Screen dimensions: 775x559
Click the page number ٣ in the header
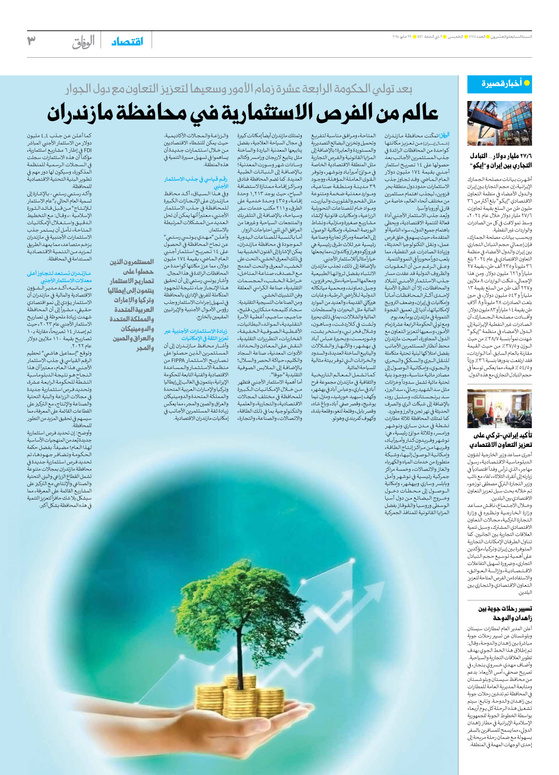click(x=31, y=41)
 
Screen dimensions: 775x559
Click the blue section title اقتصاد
click(x=127, y=42)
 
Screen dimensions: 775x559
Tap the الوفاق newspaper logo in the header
click(x=84, y=42)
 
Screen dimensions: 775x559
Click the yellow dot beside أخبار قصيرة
click(x=527, y=83)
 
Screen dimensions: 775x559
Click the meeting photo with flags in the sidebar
click(x=500, y=409)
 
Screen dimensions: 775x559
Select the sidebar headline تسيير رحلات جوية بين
click(x=505, y=608)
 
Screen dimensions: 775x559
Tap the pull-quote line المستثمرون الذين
click(x=132, y=262)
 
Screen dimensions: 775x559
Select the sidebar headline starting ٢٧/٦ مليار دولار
click(x=501, y=156)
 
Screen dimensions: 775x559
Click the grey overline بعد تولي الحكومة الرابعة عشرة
click(x=239, y=89)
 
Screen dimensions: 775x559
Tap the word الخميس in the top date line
click(x=455, y=37)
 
